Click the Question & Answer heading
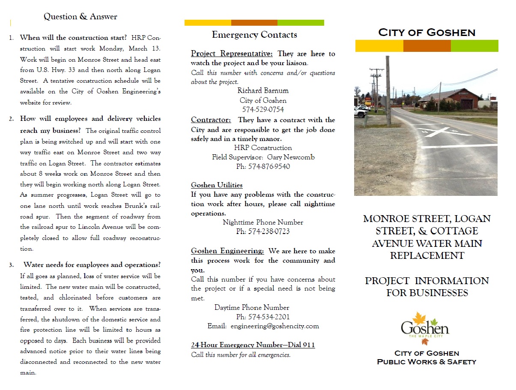pyautogui.click(x=80, y=17)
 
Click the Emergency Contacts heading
pyautogui.click(x=254, y=35)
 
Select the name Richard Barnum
pyautogui.click(x=263, y=90)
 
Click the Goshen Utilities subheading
pyautogui.click(x=217, y=185)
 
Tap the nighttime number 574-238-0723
pyautogui.click(x=263, y=231)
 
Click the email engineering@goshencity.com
pyautogui.click(x=274, y=326)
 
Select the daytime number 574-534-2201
pyautogui.click(x=263, y=317)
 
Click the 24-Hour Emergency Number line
pyautogui.click(x=253, y=345)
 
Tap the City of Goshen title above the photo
pyautogui.click(x=427, y=32)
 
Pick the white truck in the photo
pyautogui.click(x=360, y=112)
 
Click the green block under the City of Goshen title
pyautogui.click(x=474, y=46)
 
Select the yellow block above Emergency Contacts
pyautogui.click(x=208, y=23)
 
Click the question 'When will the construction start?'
pyautogui.click(x=73, y=37)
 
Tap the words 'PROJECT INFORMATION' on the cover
pyautogui.click(x=427, y=281)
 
